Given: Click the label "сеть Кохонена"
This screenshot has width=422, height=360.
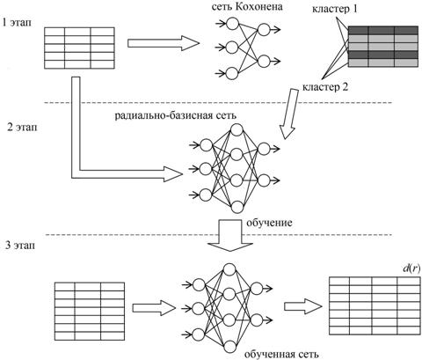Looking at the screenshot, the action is [247, 7].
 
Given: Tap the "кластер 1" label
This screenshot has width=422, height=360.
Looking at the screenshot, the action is [335, 9].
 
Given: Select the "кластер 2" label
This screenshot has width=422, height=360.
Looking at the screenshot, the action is [325, 87].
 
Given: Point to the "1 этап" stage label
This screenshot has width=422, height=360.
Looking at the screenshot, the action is [17, 23].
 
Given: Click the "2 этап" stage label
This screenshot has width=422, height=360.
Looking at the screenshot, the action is [23, 128].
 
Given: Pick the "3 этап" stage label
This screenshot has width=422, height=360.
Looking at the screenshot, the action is [20, 245].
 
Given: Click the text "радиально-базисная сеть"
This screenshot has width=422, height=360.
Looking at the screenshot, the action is [176, 115].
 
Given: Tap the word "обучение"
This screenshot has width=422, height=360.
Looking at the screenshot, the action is [269, 223].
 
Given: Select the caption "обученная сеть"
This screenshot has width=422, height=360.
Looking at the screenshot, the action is [281, 354].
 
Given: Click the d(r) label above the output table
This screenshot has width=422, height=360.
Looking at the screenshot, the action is [411, 268].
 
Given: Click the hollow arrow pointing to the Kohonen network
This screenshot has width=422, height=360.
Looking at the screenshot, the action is [164, 43].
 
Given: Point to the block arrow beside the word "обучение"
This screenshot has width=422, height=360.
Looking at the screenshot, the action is [230, 235].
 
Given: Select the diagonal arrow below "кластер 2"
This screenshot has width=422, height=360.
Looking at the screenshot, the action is [288, 114].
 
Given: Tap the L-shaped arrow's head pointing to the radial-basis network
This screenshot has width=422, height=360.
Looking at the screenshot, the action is [173, 174].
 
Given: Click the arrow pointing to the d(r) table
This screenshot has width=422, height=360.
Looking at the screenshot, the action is [303, 306].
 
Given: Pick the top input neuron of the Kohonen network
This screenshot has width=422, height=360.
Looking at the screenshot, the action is [233, 24].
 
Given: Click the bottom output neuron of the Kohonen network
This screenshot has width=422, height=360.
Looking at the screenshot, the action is [264, 62].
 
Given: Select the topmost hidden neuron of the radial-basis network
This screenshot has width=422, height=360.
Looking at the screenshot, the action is [236, 129].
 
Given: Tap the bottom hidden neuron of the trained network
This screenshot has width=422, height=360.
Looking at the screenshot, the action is [229, 347].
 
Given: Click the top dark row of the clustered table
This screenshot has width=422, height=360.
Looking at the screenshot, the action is [383, 31].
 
